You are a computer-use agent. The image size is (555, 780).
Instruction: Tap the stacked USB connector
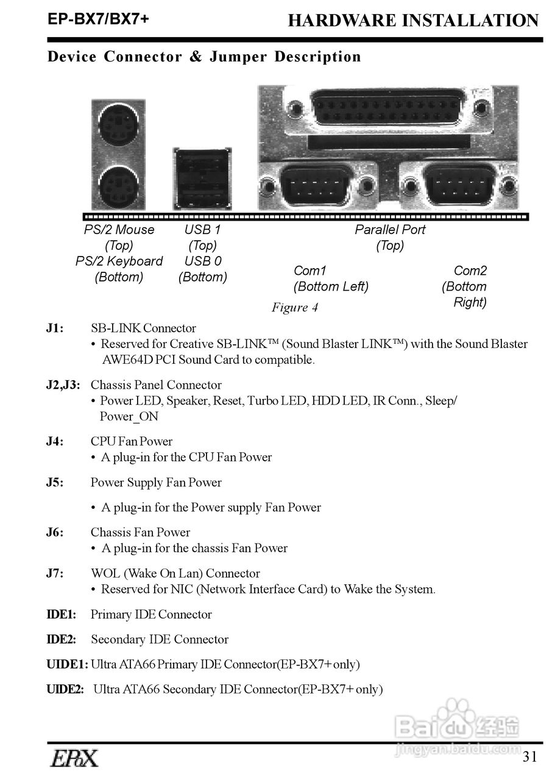(x=202, y=179)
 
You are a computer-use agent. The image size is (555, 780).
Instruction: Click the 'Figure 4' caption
(x=295, y=307)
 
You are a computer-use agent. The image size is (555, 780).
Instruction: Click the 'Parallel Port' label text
(x=390, y=230)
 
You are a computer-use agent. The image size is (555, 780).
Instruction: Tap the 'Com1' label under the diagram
(x=310, y=271)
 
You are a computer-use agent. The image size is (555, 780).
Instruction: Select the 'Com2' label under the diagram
(x=470, y=271)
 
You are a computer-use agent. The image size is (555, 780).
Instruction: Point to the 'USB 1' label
(x=202, y=230)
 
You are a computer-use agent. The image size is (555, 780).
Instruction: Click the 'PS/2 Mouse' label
(x=119, y=230)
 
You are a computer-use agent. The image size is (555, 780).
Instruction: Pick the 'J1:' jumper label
(x=55, y=328)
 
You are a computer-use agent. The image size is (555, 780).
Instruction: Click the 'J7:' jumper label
(x=55, y=573)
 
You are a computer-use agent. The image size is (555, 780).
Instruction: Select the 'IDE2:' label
(x=62, y=639)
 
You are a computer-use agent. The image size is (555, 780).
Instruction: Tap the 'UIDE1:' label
(x=67, y=664)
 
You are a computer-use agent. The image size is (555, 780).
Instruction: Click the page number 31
(x=530, y=757)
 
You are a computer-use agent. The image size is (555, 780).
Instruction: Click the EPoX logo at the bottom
(x=74, y=758)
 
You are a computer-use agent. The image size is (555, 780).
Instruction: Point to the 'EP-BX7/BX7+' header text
(x=99, y=19)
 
